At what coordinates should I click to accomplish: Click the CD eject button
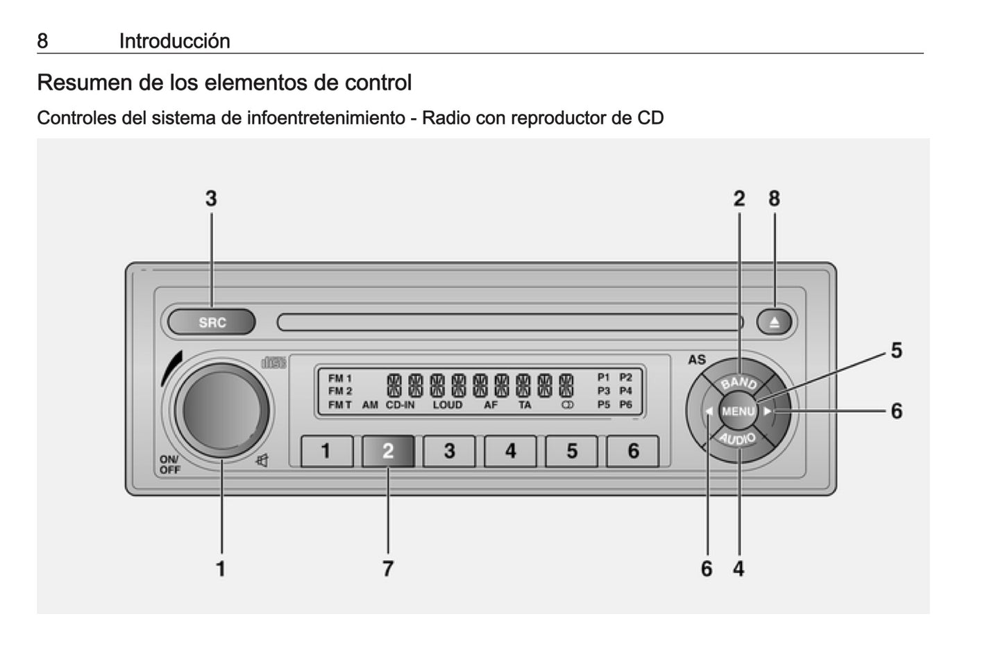(774, 322)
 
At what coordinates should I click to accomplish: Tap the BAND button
(739, 381)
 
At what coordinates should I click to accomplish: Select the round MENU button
(738, 411)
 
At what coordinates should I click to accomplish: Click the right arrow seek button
(768, 411)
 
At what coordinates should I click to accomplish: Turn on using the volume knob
(221, 411)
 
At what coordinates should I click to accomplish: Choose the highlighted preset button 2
(388, 451)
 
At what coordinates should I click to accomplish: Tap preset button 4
(510, 451)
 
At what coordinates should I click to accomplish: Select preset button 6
(633, 451)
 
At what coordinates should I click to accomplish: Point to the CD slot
(509, 322)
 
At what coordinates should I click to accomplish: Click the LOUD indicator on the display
(447, 405)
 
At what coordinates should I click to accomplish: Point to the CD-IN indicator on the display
(400, 405)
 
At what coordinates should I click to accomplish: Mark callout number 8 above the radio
(774, 199)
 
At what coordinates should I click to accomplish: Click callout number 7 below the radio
(388, 569)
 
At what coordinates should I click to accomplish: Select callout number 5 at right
(896, 351)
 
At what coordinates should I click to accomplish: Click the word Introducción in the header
(174, 41)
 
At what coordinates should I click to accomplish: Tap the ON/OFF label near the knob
(169, 465)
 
